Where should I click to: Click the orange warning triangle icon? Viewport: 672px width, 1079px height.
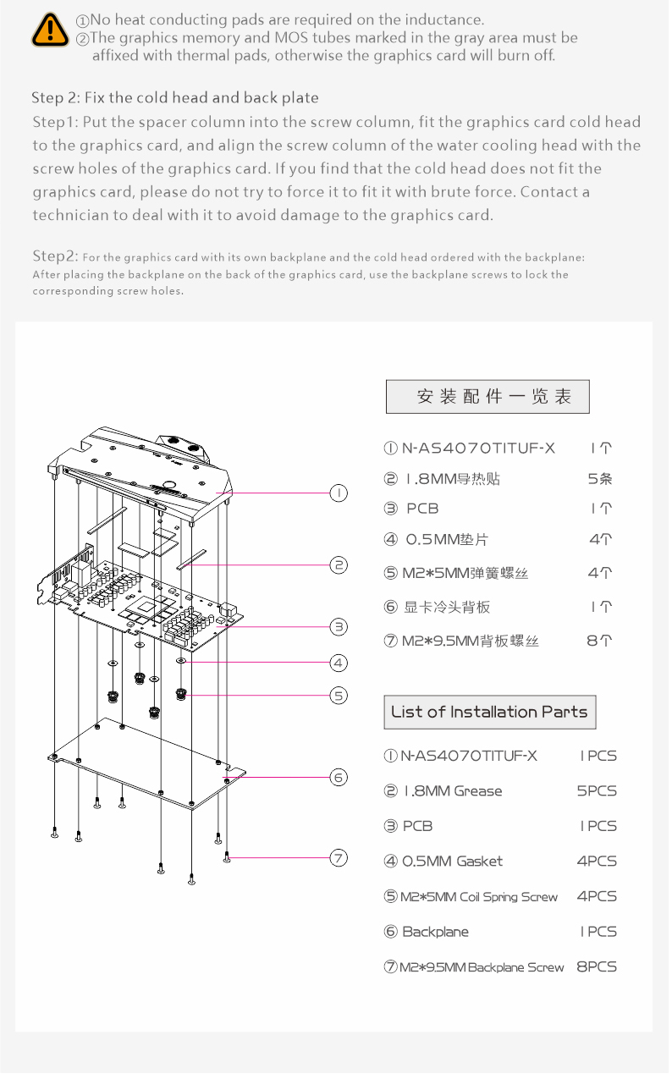51,30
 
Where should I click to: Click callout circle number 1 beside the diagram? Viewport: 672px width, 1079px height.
338,493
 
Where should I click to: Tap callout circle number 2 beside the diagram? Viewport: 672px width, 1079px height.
338,564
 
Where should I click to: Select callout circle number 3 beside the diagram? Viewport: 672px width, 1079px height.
338,626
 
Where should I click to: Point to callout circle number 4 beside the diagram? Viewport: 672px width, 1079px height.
338,663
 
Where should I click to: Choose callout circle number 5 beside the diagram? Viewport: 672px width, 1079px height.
338,696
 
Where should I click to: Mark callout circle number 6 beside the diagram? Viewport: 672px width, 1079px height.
338,776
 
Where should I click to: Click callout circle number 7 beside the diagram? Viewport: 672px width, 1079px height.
338,858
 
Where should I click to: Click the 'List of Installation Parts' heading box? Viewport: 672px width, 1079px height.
490,712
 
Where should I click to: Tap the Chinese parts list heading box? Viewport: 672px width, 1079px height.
487,397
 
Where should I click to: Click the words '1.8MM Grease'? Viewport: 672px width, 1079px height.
453,791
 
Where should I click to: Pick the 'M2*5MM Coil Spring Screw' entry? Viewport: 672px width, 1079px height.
479,897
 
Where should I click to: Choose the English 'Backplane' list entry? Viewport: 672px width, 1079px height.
435,932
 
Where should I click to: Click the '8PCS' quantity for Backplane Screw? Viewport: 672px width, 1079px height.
597,966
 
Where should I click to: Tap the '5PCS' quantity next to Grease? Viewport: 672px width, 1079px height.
597,791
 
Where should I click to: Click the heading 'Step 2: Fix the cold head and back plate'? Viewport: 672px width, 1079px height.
175,98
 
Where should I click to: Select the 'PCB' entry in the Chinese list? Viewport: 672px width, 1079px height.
422,509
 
